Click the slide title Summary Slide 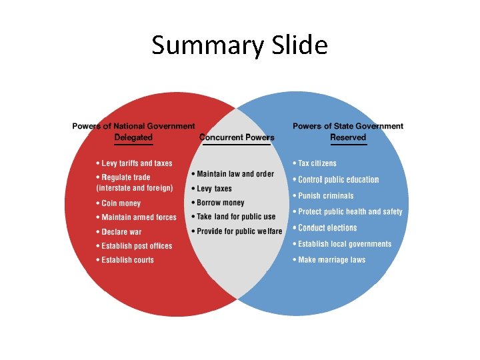(x=239, y=45)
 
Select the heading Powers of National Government (x=133, y=126)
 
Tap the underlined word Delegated (x=133, y=137)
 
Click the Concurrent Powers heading (x=237, y=137)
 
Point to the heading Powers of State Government (x=348, y=126)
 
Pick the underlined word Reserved (x=348, y=137)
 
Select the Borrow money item (x=221, y=203)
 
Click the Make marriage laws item (x=331, y=260)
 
